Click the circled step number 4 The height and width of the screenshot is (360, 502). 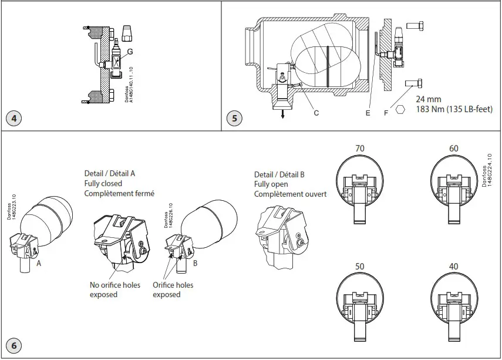click(x=14, y=119)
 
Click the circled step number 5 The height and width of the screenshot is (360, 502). click(x=235, y=119)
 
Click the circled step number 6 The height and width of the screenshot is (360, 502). click(x=14, y=345)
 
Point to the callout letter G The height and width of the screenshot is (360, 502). click(x=130, y=52)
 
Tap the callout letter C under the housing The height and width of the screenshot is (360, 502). click(x=316, y=112)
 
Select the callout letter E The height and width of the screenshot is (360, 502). click(x=368, y=112)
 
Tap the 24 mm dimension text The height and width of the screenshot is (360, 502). click(x=429, y=100)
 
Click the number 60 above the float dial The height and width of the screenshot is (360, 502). click(x=453, y=149)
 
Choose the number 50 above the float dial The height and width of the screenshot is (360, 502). click(x=360, y=267)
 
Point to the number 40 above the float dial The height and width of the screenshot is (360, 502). click(x=453, y=267)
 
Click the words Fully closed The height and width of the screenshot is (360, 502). click(x=103, y=184)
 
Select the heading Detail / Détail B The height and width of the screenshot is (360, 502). click(x=279, y=174)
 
